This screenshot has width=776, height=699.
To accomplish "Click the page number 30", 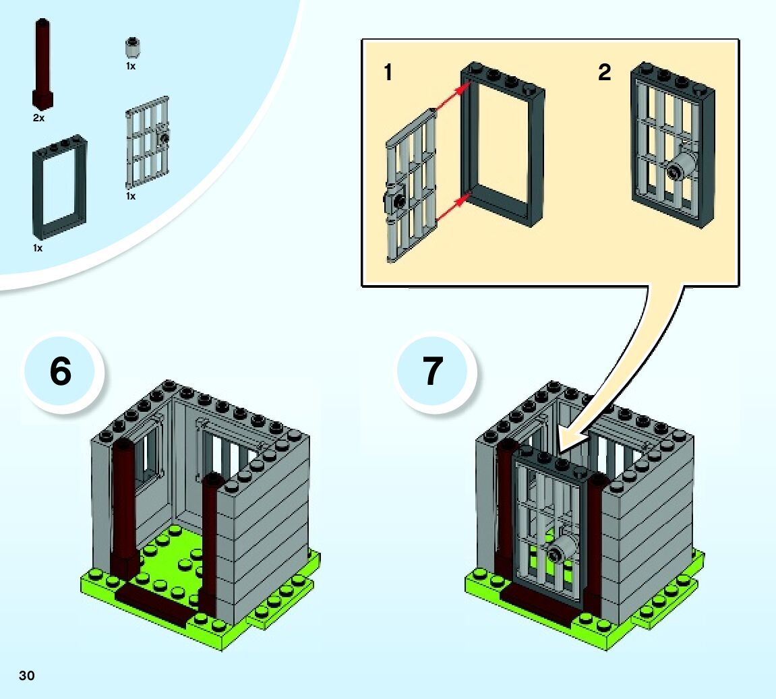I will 27,675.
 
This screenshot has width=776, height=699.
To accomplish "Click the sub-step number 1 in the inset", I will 388,73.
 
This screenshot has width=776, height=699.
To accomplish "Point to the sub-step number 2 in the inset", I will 604,73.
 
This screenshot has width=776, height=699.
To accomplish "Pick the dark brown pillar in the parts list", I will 42,64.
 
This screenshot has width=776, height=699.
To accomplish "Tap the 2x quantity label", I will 38,118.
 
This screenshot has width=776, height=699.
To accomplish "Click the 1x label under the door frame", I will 38,248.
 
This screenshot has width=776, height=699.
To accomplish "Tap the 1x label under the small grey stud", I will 131,67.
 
